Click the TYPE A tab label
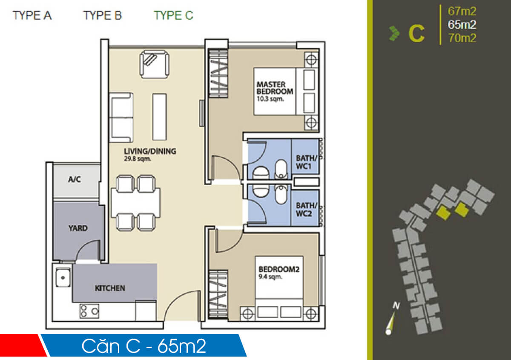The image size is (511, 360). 32,16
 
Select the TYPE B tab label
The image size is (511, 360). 103,16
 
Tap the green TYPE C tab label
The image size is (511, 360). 173,16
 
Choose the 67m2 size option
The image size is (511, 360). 462,11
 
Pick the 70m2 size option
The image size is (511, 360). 462,38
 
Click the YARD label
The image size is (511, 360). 78,228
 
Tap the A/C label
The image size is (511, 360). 75,180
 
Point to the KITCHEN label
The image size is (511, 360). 110,288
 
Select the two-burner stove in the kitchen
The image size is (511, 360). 89,311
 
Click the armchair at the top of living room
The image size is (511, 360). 154,64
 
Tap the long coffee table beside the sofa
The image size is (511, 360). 159,116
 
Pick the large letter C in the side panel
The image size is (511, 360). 416,34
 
